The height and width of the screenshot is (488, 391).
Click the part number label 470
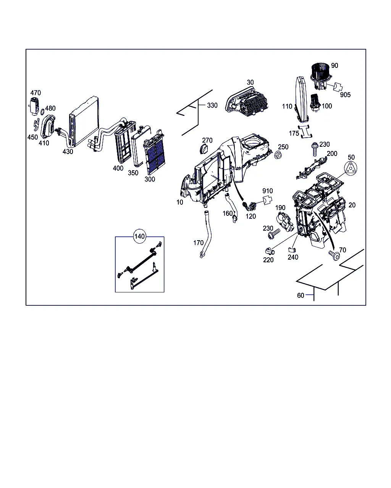pos(36,93)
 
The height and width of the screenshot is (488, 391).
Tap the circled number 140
pos(139,236)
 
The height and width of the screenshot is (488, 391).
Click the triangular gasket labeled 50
pos(351,168)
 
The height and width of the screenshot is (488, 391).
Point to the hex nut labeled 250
pos(278,155)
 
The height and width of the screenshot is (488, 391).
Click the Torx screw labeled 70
pos(334,255)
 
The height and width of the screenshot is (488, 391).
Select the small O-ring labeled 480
pos(42,112)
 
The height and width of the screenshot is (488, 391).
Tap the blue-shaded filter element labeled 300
pos(155,152)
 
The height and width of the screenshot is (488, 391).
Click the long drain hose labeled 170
pos(206,234)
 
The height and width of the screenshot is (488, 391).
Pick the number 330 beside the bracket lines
pos(212,106)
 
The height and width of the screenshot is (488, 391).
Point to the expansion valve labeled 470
pos(34,104)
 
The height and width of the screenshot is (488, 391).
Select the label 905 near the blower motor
pos(345,95)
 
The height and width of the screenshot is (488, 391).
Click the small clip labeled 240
pos(292,250)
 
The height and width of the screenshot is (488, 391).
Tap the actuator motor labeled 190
pos(285,221)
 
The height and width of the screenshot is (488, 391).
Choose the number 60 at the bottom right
pos(301,295)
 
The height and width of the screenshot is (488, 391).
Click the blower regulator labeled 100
pos(315,103)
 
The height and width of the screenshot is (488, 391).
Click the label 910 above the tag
pos(267,191)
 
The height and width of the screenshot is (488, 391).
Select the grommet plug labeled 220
pos(270,251)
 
